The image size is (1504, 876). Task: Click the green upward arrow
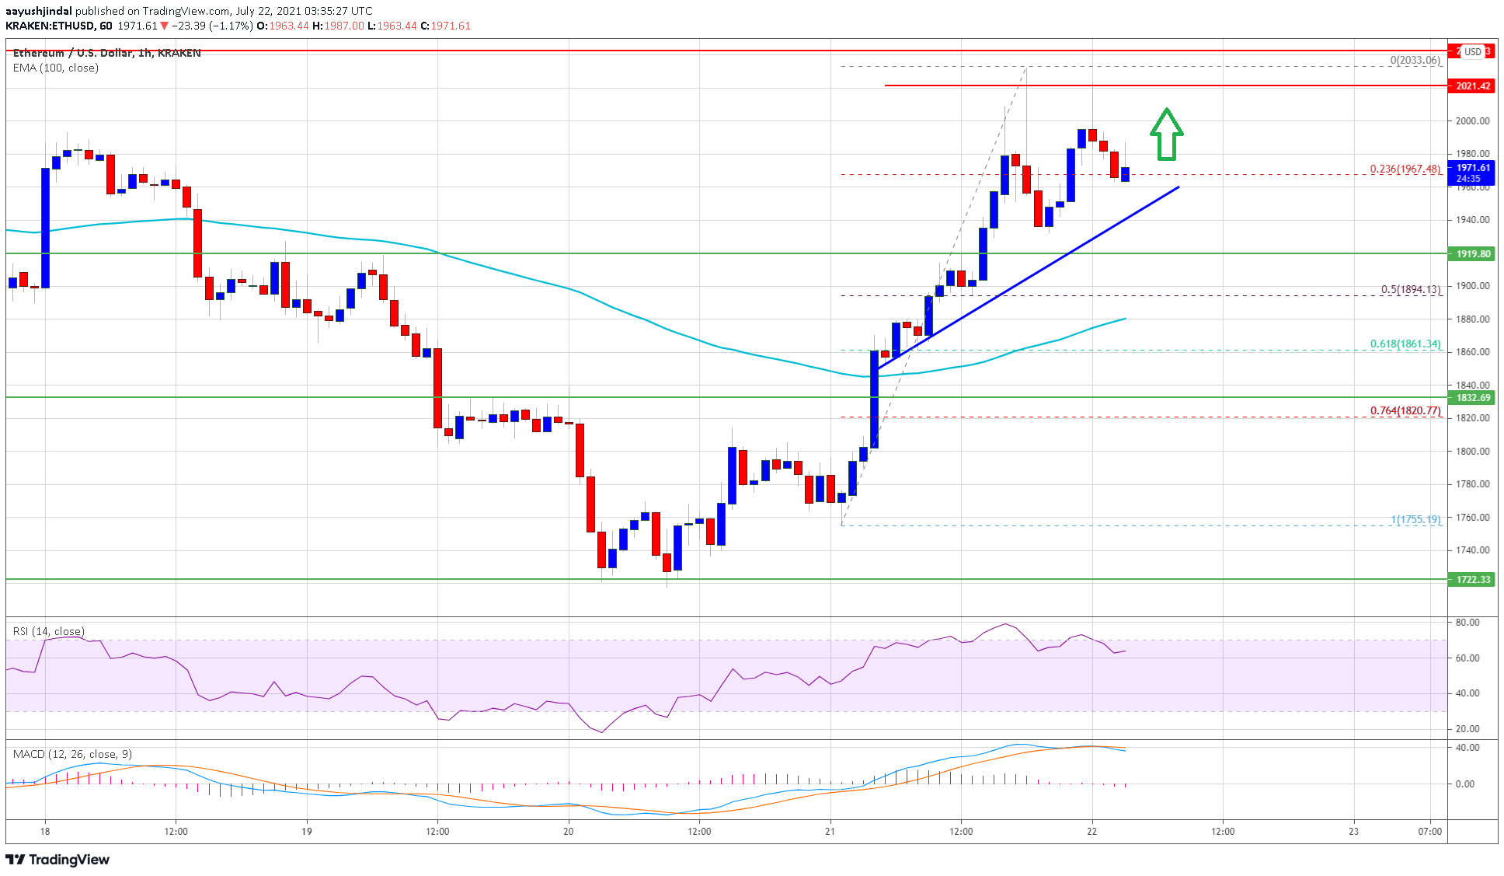1166,134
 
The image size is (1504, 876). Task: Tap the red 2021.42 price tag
1472,86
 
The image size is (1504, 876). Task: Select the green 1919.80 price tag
1472,253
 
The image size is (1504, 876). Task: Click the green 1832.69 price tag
1472,398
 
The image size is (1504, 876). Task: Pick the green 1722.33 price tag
1472,579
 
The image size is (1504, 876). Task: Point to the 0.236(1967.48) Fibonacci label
1405,169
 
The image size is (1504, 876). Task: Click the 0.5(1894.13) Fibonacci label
1410,289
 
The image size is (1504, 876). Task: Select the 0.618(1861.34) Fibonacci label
1405,344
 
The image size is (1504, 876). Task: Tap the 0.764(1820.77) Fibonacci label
1405,410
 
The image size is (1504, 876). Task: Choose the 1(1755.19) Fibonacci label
1415,519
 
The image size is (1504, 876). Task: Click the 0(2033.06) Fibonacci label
1415,60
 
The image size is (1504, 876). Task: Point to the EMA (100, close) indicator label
56,68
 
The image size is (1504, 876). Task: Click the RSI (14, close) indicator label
49,631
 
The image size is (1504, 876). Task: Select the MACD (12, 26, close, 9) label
72,754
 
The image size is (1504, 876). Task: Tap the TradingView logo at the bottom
57,859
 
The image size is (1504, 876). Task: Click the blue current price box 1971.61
1472,173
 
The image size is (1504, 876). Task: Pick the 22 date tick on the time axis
1091,831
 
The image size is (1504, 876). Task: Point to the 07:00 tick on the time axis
1429,831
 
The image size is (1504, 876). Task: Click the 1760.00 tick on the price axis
1472,517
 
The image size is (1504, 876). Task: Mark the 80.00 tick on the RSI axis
1467,623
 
